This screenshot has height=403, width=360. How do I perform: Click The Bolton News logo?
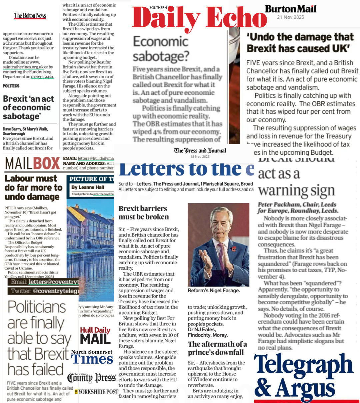pos(30,16)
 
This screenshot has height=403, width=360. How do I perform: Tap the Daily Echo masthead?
pos(199,18)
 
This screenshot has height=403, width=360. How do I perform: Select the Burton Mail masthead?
pos(291,9)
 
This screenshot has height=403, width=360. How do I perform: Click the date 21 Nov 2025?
pos(291,17)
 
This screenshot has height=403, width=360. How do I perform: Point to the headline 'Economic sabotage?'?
pos(166,49)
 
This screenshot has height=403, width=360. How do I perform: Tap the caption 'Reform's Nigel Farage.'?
pos(214,291)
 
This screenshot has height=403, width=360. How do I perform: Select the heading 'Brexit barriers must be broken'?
pos(144,213)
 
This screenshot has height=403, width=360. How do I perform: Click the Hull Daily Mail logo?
pos(95,335)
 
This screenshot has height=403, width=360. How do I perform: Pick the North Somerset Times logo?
pos(92,357)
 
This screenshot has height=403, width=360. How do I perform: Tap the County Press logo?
pos(91,378)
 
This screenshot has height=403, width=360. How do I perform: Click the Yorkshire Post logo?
pos(97,392)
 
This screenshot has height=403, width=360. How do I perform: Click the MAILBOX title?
pos(32,163)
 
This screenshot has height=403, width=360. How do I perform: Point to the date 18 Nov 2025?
pos(200,156)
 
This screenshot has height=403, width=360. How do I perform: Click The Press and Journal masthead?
pos(200,150)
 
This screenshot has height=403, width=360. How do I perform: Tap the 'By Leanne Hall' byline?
pos(88,187)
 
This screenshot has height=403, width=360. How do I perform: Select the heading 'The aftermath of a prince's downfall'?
pos(217,348)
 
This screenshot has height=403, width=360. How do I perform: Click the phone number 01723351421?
pos(42,77)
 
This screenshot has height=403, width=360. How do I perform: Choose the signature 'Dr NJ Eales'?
pos(202,329)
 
